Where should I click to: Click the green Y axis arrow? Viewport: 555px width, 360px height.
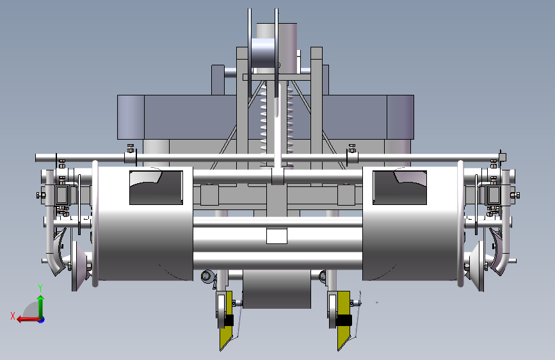pyautogui.click(x=41, y=307)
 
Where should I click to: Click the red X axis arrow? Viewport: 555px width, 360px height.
pyautogui.click(x=29, y=319)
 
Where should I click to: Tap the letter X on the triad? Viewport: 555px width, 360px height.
pyautogui.click(x=13, y=316)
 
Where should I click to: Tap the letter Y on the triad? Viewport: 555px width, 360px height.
pyautogui.click(x=40, y=288)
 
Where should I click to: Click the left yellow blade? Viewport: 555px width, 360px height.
pyautogui.click(x=227, y=321)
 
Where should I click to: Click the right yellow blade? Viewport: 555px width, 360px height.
pyautogui.click(x=344, y=321)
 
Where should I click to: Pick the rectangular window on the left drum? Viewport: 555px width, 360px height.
pyautogui.click(x=156, y=188)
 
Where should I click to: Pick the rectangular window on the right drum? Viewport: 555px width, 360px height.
pyautogui.click(x=399, y=188)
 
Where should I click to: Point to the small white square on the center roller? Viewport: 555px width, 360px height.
pyautogui.click(x=277, y=236)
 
